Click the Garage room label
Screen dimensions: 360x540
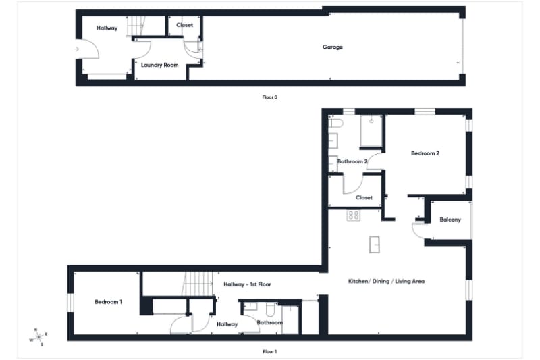coord(332,47)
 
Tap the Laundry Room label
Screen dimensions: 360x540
coord(159,65)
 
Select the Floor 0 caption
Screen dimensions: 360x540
coord(269,97)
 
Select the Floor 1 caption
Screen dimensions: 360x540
coord(269,351)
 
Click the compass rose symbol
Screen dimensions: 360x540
coord(38,336)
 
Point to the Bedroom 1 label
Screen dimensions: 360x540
coord(108,301)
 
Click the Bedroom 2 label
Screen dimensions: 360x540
coord(425,153)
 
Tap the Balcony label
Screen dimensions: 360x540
coord(450,220)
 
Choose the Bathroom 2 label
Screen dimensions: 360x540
coord(352,162)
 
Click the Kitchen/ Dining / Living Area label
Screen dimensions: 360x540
coord(386,281)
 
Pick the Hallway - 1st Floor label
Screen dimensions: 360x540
coord(247,284)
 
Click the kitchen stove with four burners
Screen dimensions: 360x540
coord(353,215)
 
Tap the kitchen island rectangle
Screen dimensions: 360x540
coord(375,245)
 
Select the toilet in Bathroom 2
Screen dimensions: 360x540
coord(337,124)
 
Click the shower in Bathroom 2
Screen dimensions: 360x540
coord(371,130)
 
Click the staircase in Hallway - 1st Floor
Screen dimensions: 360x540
coord(196,282)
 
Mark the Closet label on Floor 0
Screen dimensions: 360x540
coord(184,25)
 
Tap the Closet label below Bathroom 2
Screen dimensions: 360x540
coord(364,198)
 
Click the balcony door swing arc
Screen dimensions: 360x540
coord(418,230)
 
